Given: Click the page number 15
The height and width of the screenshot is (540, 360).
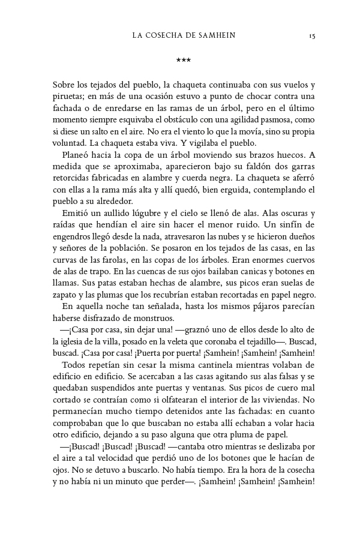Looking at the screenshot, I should (312, 36).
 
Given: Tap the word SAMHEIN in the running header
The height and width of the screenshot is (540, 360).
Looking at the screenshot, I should (212, 36).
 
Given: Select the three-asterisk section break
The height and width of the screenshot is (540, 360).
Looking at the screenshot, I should (183, 60).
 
